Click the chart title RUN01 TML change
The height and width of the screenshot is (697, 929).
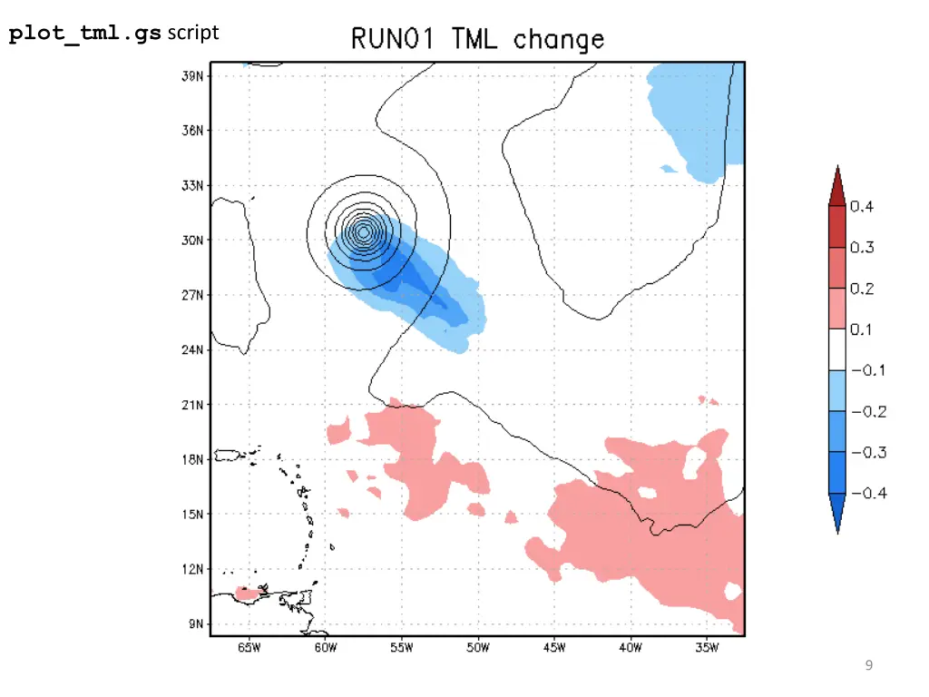(x=477, y=40)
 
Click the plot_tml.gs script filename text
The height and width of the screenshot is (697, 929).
(x=85, y=34)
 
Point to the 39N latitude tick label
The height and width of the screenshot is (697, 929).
(x=191, y=76)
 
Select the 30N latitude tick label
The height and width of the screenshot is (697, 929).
(x=191, y=241)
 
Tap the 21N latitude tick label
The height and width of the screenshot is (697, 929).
(x=191, y=405)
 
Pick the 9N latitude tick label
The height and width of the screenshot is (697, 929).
(x=194, y=623)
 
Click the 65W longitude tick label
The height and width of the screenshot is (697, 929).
(x=249, y=648)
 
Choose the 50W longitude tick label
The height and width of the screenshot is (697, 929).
(x=477, y=648)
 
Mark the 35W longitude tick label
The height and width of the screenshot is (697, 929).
(x=707, y=648)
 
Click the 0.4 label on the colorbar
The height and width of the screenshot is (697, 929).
(x=862, y=207)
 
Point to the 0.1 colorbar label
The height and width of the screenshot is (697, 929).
(x=862, y=329)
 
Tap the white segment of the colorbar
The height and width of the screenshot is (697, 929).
(x=836, y=349)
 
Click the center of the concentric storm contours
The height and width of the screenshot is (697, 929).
(x=363, y=232)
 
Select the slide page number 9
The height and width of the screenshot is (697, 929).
(x=869, y=666)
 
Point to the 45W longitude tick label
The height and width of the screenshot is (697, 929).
(x=554, y=648)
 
